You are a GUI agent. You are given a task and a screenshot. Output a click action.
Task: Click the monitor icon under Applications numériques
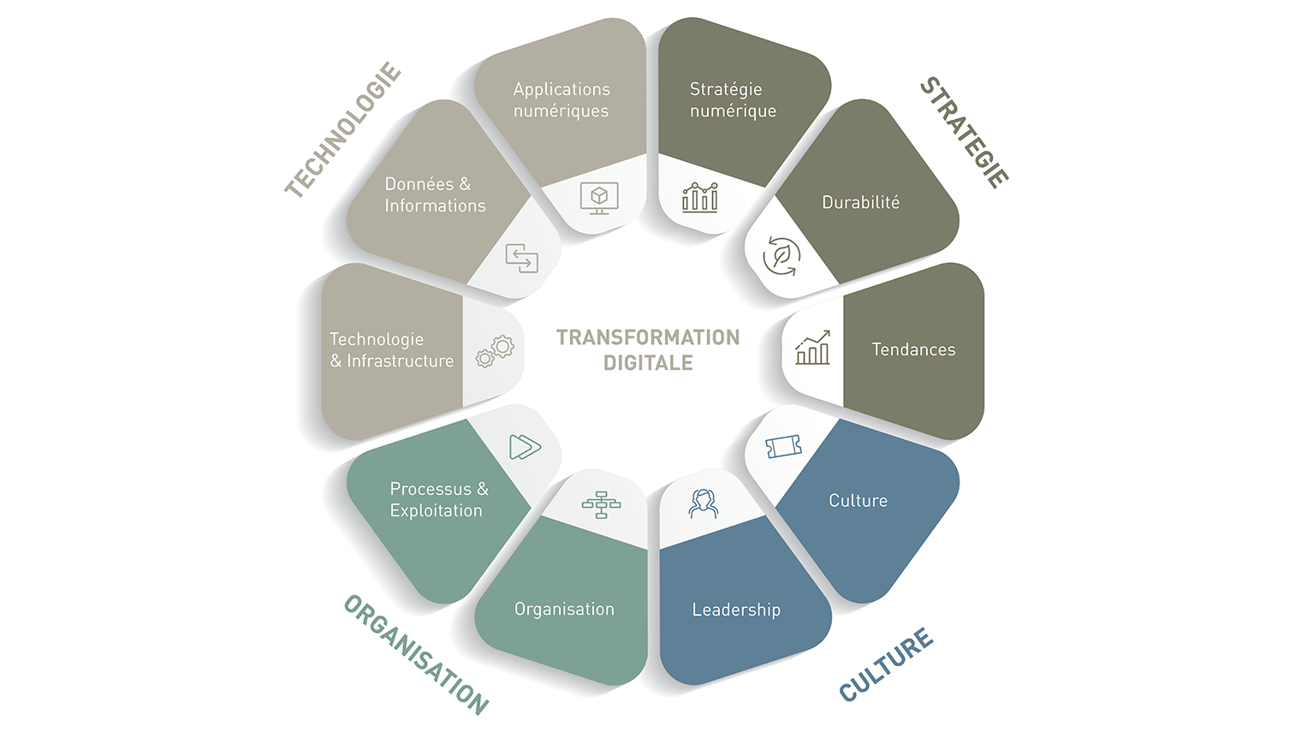pyautogui.click(x=599, y=198)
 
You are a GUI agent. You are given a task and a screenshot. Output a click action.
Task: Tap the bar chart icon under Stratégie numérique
pyautogui.click(x=699, y=198)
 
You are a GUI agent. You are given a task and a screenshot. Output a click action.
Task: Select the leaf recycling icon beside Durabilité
pyautogui.click(x=781, y=256)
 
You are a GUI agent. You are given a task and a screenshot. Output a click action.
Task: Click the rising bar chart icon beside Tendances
pyautogui.click(x=812, y=348)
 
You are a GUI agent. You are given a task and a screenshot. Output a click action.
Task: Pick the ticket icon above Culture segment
pyautogui.click(x=783, y=446)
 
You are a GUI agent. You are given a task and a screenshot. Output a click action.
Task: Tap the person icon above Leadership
pyautogui.click(x=703, y=504)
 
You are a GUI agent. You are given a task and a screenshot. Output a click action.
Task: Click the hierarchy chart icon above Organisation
pyautogui.click(x=601, y=504)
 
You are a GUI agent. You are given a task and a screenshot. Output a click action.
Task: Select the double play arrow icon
pyautogui.click(x=525, y=447)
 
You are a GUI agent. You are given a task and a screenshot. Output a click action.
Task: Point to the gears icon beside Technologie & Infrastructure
pyautogui.click(x=495, y=352)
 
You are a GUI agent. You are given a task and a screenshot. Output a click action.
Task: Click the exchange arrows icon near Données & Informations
pyautogui.click(x=521, y=258)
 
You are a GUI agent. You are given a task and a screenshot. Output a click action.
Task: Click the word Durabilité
pyautogui.click(x=861, y=202)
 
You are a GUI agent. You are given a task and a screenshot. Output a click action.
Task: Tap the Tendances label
pyautogui.click(x=913, y=349)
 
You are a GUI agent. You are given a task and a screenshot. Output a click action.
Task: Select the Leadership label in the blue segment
pyautogui.click(x=736, y=610)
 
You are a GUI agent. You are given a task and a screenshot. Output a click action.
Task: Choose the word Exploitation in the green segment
pyautogui.click(x=437, y=511)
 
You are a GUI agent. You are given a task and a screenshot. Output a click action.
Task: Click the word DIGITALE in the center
pyautogui.click(x=648, y=363)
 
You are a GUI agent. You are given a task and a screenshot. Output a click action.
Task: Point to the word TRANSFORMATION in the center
pyautogui.click(x=648, y=337)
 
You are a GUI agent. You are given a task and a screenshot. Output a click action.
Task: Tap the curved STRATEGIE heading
pyautogui.click(x=965, y=133)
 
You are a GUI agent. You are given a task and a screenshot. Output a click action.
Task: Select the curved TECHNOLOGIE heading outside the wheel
pyautogui.click(x=342, y=129)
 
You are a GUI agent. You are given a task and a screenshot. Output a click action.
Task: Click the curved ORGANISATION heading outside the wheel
pyautogui.click(x=416, y=655)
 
